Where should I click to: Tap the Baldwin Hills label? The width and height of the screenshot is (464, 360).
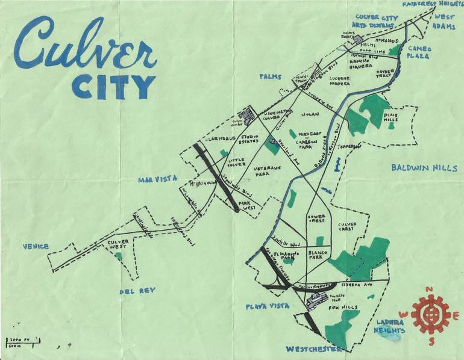pos(423,168)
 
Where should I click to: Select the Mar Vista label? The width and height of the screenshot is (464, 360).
pos(155,179)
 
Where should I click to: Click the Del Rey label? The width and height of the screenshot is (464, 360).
pos(137,291)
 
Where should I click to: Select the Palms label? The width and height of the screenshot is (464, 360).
pos(271,76)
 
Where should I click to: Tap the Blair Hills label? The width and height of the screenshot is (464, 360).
pos(391,120)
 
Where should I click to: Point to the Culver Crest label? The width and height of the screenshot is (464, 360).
pos(348,227)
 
